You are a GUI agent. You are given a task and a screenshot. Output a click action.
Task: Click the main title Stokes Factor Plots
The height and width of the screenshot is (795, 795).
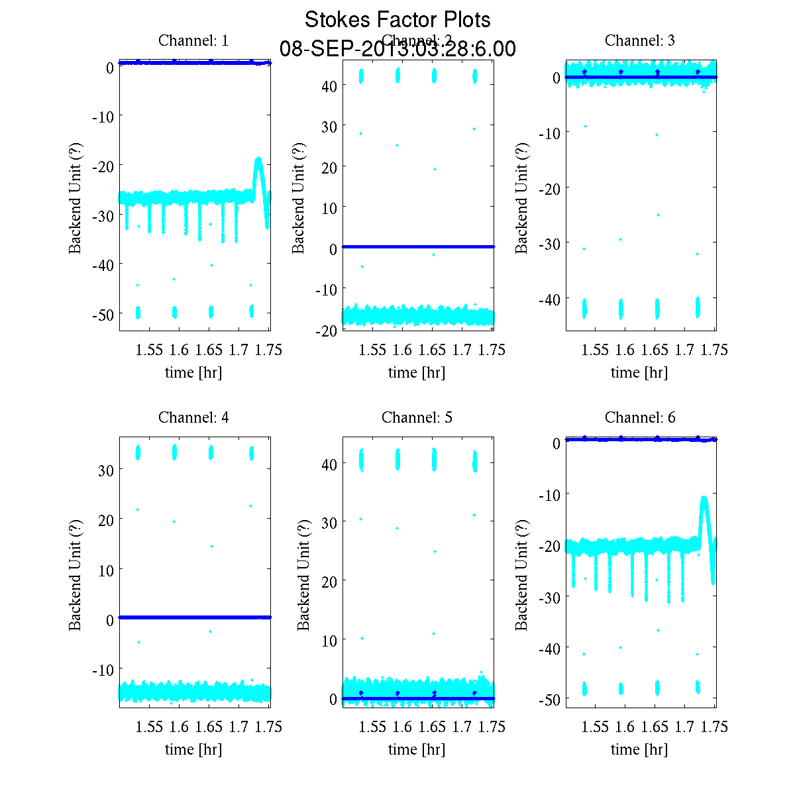[397, 20]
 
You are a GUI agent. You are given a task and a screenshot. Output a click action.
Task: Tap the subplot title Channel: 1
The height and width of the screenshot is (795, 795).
[193, 40]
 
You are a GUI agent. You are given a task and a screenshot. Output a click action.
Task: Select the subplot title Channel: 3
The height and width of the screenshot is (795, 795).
[640, 40]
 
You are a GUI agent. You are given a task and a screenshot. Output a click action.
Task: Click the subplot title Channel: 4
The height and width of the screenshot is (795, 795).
[193, 417]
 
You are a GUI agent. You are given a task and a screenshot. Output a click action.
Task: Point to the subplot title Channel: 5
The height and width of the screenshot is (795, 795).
[417, 417]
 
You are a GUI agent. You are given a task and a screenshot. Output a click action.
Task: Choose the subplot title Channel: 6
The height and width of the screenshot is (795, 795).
[640, 417]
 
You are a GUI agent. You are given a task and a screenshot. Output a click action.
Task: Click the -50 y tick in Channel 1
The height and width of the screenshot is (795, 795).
[103, 313]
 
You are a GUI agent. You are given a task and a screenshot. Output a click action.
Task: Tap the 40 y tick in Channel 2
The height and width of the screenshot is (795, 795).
[329, 85]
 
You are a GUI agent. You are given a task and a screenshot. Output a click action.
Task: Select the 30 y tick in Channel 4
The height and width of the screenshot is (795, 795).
[106, 470]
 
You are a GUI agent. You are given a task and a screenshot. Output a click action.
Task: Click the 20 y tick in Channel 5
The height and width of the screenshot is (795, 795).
[329, 581]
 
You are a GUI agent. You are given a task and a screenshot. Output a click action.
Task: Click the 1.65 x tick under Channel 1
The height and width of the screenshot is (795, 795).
[209, 350]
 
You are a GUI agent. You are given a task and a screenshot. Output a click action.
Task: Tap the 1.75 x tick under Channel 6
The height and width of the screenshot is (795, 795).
[714, 727]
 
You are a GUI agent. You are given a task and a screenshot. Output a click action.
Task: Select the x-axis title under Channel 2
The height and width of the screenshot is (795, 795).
[417, 372]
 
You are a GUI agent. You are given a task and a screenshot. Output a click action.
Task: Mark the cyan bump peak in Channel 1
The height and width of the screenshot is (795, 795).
[258, 159]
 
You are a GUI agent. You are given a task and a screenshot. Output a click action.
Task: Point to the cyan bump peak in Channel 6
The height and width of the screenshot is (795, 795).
[704, 498]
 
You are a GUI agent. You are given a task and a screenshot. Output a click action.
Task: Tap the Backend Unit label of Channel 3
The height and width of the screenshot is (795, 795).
[521, 197]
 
